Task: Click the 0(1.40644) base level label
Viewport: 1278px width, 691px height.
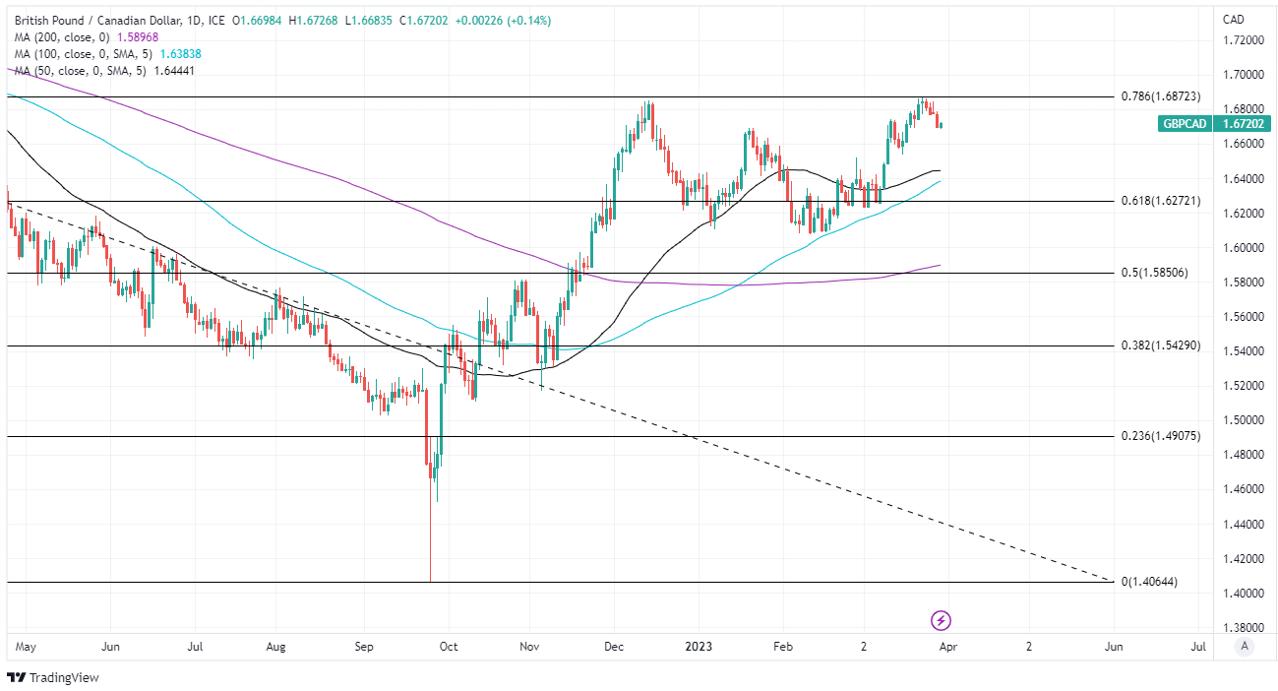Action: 1149,582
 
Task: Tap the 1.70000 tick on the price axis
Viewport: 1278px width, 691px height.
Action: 1243,75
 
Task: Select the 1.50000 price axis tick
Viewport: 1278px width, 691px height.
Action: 1243,420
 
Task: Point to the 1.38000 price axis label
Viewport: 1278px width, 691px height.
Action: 1243,627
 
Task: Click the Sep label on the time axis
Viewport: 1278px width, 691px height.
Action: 364,647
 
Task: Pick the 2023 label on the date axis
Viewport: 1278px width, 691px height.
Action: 699,647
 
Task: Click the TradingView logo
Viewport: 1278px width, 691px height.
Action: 53,677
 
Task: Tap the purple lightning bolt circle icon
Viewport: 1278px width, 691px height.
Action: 942,620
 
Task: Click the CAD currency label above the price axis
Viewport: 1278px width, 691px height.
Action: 1233,20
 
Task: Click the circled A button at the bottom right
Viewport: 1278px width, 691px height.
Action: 1245,647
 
